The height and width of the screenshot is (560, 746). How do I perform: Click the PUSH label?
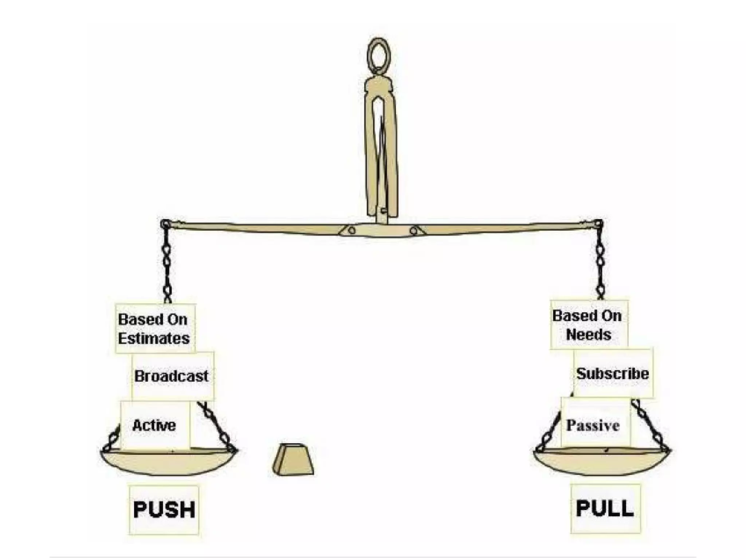click(x=164, y=509)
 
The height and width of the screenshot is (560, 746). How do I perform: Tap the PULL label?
click(x=605, y=508)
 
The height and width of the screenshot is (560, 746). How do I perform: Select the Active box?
click(x=154, y=425)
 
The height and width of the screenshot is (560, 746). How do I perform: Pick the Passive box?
click(x=593, y=425)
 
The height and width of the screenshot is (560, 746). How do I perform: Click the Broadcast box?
click(x=172, y=376)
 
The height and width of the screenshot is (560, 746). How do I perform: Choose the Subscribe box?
click(x=613, y=373)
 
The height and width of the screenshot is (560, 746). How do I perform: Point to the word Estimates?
click(x=154, y=338)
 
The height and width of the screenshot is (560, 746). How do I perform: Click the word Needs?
click(x=589, y=334)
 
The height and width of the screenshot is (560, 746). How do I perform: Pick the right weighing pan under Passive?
click(x=602, y=462)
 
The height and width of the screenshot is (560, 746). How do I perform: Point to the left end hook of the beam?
click(x=165, y=224)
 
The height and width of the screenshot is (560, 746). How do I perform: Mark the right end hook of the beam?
click(x=598, y=223)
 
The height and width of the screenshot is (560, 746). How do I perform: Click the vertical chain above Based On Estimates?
click(x=167, y=266)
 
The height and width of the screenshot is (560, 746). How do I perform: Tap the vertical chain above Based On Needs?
click(x=600, y=262)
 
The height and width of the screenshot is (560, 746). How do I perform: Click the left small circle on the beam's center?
click(x=352, y=231)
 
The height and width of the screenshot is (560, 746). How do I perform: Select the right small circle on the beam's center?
click(x=413, y=231)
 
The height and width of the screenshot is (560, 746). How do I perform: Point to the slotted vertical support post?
click(x=381, y=146)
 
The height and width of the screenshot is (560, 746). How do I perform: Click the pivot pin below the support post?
click(x=382, y=211)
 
